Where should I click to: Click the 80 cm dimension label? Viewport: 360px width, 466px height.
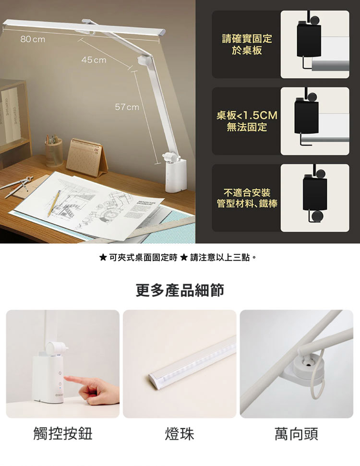click(x=33, y=39)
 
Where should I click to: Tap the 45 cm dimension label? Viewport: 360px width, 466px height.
click(x=94, y=60)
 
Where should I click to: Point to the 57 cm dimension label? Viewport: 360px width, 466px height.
click(x=127, y=107)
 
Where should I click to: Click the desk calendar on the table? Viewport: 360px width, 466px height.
click(x=87, y=157)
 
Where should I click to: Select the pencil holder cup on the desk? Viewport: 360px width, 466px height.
click(x=54, y=153)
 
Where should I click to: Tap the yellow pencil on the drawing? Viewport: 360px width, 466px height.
click(x=54, y=203)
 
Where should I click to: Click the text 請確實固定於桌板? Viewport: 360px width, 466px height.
click(x=247, y=44)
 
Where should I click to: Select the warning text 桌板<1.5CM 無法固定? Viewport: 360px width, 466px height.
click(x=247, y=121)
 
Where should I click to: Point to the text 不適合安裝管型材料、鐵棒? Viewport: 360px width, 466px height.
click(x=247, y=198)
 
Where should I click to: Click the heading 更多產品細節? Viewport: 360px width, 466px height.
click(x=180, y=290)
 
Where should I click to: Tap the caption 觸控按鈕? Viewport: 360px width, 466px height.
click(x=63, y=434)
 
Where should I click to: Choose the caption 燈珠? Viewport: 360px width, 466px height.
click(x=180, y=434)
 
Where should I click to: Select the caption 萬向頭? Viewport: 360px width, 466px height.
click(x=296, y=434)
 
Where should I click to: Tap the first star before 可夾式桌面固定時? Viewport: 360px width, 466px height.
click(x=103, y=257)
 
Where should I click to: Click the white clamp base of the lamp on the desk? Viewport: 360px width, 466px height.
click(x=176, y=175)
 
